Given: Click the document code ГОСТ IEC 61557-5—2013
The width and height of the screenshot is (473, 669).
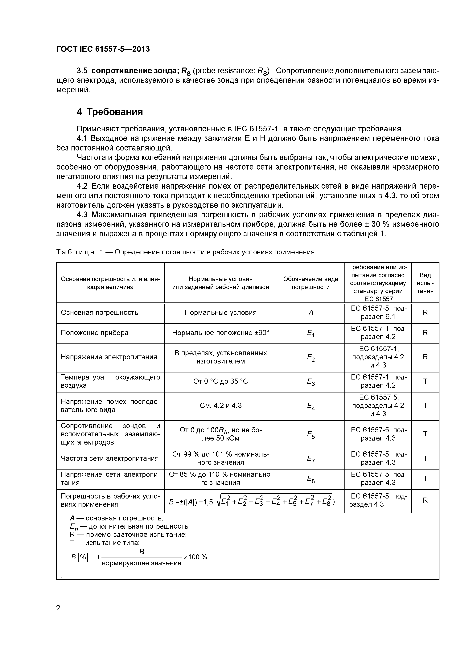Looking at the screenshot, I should pos(103,49).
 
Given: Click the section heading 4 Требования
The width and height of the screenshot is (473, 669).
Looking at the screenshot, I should pos(110,112).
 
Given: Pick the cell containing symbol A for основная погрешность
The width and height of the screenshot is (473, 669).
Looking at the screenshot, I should pos(311,313).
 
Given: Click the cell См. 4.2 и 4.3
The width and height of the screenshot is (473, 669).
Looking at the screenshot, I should pos(221,406).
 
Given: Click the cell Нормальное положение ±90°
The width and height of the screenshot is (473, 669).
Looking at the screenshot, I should pos(221,333).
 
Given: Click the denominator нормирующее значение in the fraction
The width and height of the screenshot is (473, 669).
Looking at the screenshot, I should pos(142,563).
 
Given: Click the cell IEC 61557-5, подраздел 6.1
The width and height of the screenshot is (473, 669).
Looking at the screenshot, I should pos(378,313).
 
